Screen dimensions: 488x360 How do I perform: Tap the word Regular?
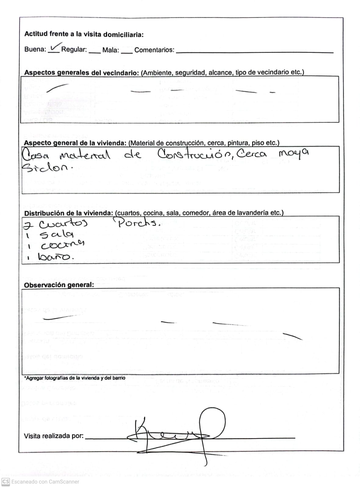(74, 50)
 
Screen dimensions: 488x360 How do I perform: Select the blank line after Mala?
(127, 52)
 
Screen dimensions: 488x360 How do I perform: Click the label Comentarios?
(154, 50)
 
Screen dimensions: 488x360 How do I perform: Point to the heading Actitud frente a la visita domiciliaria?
(84, 34)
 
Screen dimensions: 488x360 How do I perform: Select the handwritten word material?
(84, 156)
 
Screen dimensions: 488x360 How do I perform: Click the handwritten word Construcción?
(195, 154)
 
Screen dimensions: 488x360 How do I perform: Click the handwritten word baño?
(56, 257)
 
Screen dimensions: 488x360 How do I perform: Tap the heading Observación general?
(59, 285)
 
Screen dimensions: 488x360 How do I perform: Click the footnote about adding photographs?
(75, 378)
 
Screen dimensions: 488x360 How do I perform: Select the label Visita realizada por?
(54, 436)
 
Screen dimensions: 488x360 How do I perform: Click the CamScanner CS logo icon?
(6, 482)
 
